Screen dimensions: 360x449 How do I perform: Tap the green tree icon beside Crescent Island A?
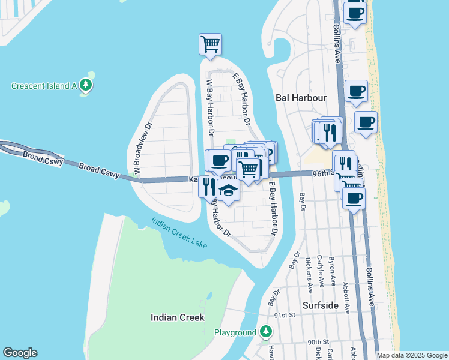tap(86, 85)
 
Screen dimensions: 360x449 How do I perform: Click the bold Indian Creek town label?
tap(177, 317)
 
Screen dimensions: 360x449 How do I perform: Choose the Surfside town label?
tap(320, 305)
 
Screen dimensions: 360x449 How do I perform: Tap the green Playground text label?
tap(235, 332)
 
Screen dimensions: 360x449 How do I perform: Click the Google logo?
tap(20, 353)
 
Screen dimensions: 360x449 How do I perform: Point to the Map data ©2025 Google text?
tap(412, 355)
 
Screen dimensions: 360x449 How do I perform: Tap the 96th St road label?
tap(322, 173)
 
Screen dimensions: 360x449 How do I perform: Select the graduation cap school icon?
tap(228, 191)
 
